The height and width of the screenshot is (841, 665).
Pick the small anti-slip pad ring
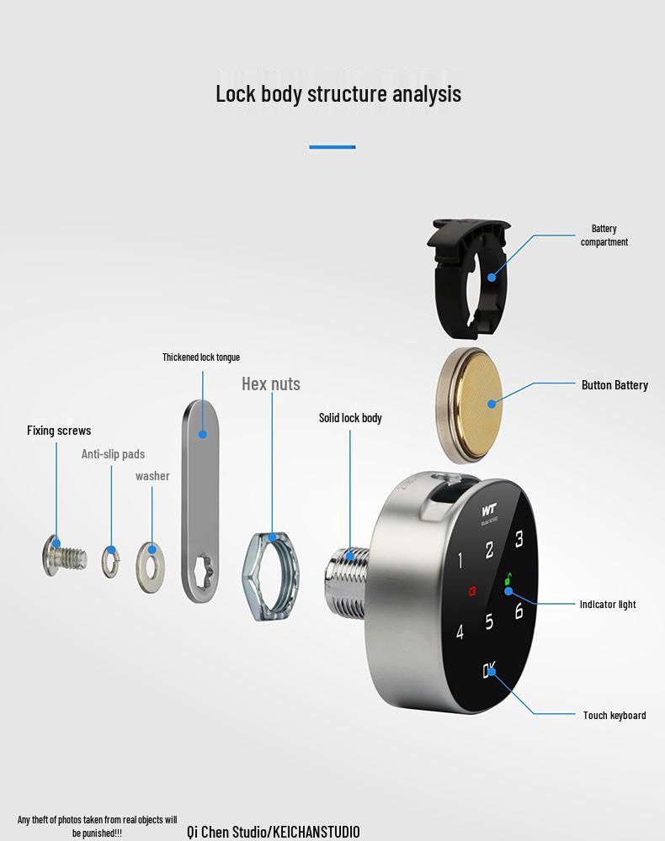[x=110, y=560]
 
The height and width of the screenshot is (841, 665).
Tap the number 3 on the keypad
[x=519, y=539]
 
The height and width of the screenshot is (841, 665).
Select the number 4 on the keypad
[x=460, y=632]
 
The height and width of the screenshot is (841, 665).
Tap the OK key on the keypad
[x=489, y=671]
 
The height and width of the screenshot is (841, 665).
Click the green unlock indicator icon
[x=508, y=579]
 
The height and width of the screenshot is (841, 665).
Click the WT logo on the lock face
[x=490, y=510]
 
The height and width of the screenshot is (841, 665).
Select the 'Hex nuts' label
[x=271, y=384]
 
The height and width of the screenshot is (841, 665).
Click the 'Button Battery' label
[x=614, y=385]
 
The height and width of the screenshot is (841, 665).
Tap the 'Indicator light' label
[x=608, y=604]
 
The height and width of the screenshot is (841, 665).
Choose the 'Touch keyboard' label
[x=614, y=715]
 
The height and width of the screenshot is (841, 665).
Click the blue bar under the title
[x=332, y=147]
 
